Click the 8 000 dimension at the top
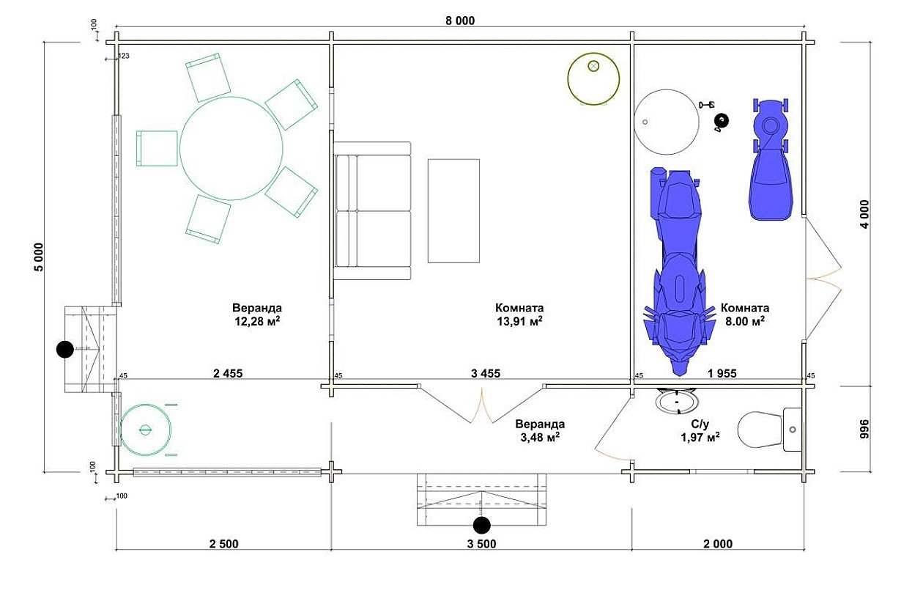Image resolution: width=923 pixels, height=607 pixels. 460,21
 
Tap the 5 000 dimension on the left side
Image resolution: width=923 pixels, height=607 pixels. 39,257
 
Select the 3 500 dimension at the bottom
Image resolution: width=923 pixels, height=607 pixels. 481,544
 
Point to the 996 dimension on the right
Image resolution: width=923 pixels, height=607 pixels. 864,429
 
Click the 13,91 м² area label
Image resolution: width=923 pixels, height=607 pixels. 519,321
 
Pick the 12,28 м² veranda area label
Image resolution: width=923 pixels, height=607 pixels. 257,321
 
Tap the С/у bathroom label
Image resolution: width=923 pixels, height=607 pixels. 700,424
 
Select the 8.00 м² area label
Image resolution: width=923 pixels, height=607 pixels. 745,321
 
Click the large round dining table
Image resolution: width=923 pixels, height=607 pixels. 231,148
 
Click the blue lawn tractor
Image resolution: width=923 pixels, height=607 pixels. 771,159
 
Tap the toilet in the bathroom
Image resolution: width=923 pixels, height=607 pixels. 769,430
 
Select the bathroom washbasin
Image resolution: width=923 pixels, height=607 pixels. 677,401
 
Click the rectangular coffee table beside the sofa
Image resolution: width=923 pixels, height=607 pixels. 453,210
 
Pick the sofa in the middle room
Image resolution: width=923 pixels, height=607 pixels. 372,210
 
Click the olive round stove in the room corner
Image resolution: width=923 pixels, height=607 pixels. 593,78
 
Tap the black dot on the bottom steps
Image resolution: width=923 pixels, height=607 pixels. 481,526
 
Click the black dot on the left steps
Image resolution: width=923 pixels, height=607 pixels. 64,350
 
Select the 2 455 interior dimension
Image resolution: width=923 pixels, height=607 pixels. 228,374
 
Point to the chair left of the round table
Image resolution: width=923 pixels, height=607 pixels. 157,148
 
